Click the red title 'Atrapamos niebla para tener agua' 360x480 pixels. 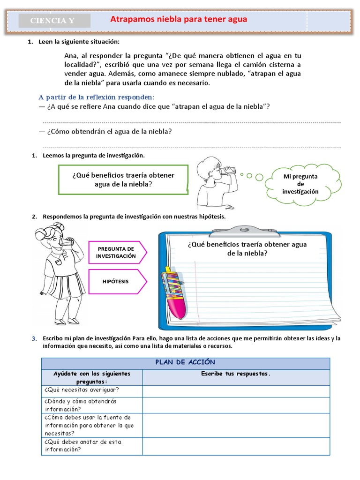[178, 19]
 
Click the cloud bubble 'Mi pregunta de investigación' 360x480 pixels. [300, 184]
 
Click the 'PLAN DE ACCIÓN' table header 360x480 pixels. [185, 362]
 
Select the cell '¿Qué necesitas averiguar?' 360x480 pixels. [92, 390]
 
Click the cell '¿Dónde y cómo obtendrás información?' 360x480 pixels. [92, 405]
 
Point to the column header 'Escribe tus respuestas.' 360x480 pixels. [236, 374]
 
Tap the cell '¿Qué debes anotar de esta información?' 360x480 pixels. [92, 445]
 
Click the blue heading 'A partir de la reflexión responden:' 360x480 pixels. [96, 97]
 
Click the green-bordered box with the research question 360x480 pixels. [123, 180]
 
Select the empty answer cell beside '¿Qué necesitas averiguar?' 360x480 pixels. [236, 390]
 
